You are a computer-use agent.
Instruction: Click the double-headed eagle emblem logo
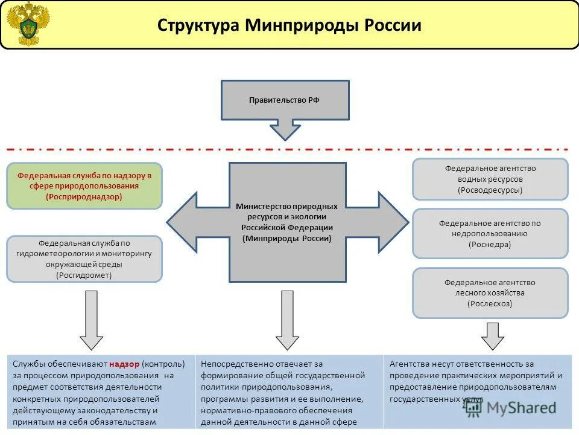click(x=28, y=24)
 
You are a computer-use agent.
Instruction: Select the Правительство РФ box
click(x=285, y=100)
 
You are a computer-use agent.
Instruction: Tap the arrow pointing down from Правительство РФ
click(x=285, y=129)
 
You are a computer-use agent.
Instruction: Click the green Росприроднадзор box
click(x=84, y=186)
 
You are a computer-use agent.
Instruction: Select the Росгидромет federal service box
click(x=84, y=259)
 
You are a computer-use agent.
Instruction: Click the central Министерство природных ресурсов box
click(x=287, y=222)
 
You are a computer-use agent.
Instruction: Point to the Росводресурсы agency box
click(x=490, y=179)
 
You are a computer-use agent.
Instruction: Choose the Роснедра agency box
click(x=490, y=234)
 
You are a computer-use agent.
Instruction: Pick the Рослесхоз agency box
click(x=490, y=293)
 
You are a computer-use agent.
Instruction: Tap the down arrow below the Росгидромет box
click(x=91, y=320)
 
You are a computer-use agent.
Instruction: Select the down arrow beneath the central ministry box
click(x=287, y=320)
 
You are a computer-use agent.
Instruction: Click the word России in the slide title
click(x=392, y=25)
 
